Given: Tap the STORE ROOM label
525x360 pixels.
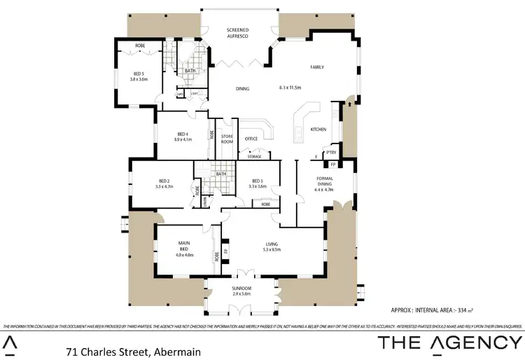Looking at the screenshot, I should pyautogui.click(x=227, y=139).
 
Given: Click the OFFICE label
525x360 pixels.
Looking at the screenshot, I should pyautogui.click(x=251, y=139).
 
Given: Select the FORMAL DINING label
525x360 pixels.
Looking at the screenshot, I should pyautogui.click(x=325, y=183).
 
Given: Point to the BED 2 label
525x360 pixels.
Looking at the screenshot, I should pyautogui.click(x=164, y=184).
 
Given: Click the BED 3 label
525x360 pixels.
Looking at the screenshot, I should pyautogui.click(x=258, y=184).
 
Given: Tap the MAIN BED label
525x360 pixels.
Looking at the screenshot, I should pyautogui.click(x=182, y=247).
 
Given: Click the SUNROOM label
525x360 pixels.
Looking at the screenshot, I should pyautogui.click(x=241, y=291).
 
